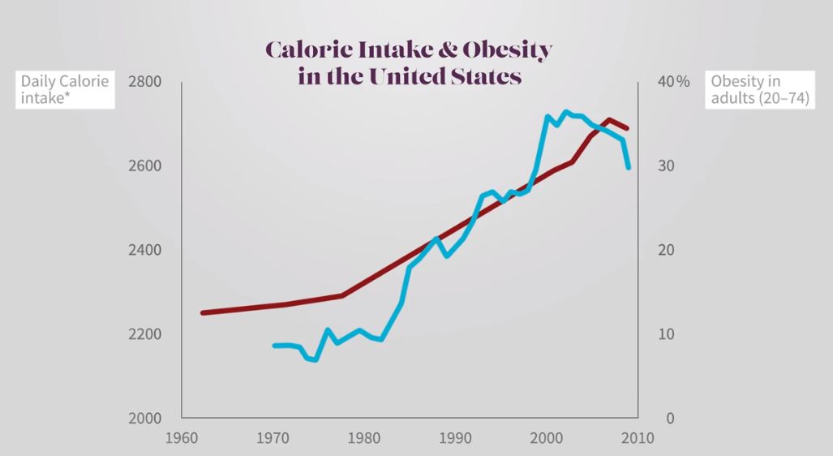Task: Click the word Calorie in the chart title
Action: pos(303,50)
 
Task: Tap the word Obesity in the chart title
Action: pos(507,50)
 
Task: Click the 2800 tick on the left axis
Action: pos(144,81)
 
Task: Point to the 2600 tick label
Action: pos(144,166)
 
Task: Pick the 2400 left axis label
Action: pos(144,250)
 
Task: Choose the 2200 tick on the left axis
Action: pos(144,334)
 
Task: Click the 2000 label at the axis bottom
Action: pos(144,419)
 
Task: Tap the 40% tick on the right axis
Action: pos(672,81)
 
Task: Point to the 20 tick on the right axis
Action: pos(665,250)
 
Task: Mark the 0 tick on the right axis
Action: pos(669,419)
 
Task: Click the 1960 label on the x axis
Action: pos(182,439)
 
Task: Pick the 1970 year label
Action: pos(273,439)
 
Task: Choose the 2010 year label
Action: pos(638,439)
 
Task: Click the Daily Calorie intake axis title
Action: pos(65,90)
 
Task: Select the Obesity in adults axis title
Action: pos(759,90)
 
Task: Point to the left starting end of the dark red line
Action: pos(203,312)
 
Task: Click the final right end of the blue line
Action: pos(629,167)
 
